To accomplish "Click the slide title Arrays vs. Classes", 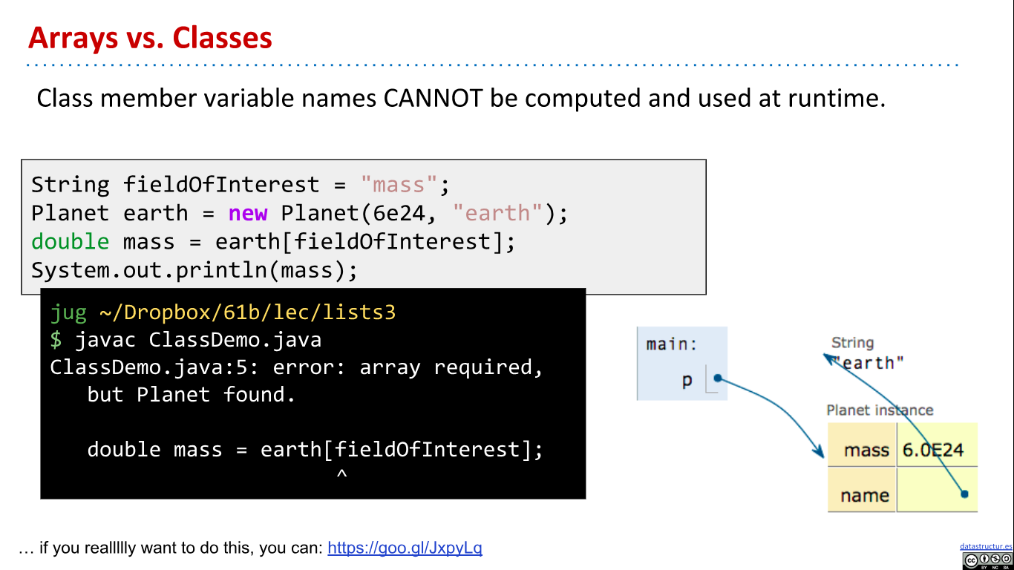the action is [150, 38].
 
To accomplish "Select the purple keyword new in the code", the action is [248, 213].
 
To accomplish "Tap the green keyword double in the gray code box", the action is [70, 241].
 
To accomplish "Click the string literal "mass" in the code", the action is [399, 184].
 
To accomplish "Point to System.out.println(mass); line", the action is [194, 270].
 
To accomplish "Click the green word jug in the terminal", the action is [68, 312].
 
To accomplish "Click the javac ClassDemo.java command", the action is [198, 340].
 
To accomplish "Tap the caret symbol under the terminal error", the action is [341, 474].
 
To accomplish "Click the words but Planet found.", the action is [192, 394].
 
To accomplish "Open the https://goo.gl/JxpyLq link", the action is [405, 548].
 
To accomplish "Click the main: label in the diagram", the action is [672, 344].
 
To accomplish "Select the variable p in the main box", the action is [687, 381].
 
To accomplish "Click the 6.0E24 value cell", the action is [933, 450].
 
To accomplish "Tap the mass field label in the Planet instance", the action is [866, 450].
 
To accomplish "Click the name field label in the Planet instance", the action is [865, 495].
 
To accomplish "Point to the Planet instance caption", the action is [880, 410].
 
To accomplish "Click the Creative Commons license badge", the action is [987, 560].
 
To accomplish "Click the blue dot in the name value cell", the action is [964, 494].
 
